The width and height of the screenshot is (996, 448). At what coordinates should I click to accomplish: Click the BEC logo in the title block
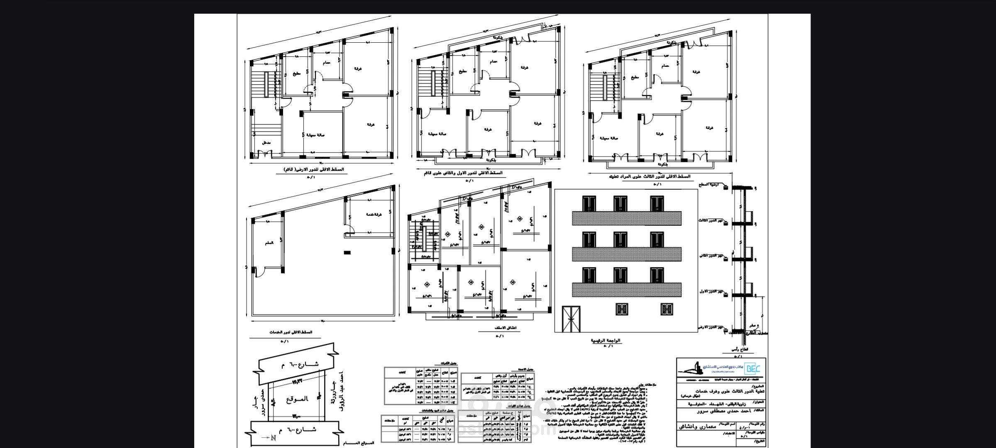[750, 368]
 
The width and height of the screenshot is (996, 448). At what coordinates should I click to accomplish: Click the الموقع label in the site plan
[297, 399]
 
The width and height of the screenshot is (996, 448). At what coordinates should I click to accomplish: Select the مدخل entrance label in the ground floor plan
[266, 143]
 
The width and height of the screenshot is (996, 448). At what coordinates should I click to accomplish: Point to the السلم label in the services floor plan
[269, 243]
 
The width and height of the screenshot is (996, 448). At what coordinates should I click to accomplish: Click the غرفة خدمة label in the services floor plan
[373, 214]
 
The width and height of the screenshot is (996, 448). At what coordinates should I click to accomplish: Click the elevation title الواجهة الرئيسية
[605, 340]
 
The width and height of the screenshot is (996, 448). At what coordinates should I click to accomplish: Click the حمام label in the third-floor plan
[665, 66]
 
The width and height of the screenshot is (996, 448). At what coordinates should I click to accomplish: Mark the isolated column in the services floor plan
[347, 252]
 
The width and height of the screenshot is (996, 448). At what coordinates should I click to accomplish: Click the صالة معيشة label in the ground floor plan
[315, 135]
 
